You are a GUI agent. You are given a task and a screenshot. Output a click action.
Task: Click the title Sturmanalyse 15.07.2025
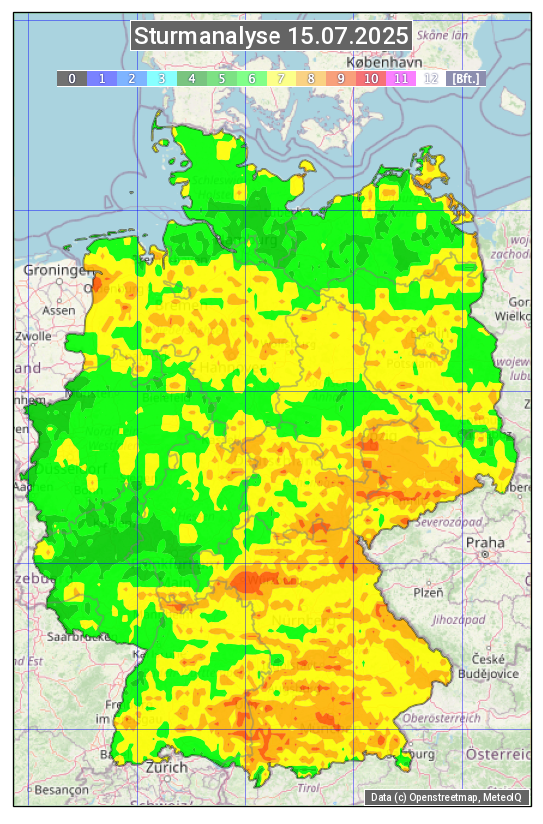point(271,37)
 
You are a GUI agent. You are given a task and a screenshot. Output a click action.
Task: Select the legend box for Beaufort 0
point(71,78)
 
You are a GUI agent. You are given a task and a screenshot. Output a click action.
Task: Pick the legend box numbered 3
point(162,78)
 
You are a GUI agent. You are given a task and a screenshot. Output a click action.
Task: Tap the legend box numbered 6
point(252,78)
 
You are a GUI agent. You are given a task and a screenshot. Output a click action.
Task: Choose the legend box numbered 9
point(341,78)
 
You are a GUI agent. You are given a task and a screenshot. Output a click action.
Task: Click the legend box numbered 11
point(401,78)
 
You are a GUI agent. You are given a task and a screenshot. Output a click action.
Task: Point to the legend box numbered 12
point(431,78)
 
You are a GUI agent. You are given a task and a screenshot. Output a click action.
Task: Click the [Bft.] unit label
point(464,78)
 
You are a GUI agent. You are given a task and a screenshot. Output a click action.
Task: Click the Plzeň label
point(428,592)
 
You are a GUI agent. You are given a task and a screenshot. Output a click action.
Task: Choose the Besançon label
point(60,789)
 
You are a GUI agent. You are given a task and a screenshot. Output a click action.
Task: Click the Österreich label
point(501,754)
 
